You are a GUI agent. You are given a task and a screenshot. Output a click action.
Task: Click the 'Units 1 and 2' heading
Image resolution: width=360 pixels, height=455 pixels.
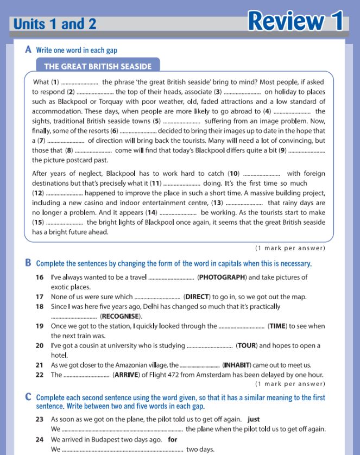pyautogui.click(x=55, y=24)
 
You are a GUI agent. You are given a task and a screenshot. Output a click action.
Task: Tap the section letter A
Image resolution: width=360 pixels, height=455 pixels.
pyautogui.click(x=28, y=49)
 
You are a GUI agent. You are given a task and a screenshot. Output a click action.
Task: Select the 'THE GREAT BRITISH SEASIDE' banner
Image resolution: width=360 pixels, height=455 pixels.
pyautogui.click(x=98, y=67)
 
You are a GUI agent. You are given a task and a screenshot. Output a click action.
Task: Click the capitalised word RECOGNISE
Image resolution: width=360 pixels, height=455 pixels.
pyautogui.click(x=121, y=316)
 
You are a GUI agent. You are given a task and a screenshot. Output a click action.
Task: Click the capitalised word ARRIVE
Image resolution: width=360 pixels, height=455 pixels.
pyautogui.click(x=128, y=375)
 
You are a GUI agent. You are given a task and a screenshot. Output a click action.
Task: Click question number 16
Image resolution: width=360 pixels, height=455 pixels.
pyautogui.click(x=39, y=277)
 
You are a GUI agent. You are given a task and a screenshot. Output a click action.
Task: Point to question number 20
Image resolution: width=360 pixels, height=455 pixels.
pyautogui.click(x=39, y=346)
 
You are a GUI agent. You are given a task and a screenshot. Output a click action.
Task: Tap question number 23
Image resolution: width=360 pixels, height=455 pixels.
pyautogui.click(x=39, y=419)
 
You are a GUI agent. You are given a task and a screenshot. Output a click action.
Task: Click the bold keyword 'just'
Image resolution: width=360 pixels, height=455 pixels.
pyautogui.click(x=254, y=419)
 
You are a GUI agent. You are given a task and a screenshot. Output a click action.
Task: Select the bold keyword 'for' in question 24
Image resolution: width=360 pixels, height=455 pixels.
pyautogui.click(x=173, y=439)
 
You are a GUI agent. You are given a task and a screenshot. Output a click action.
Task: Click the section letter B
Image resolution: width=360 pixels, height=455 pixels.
pyautogui.click(x=28, y=263)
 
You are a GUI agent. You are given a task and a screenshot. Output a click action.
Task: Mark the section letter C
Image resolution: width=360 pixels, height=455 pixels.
pyautogui.click(x=28, y=397)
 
